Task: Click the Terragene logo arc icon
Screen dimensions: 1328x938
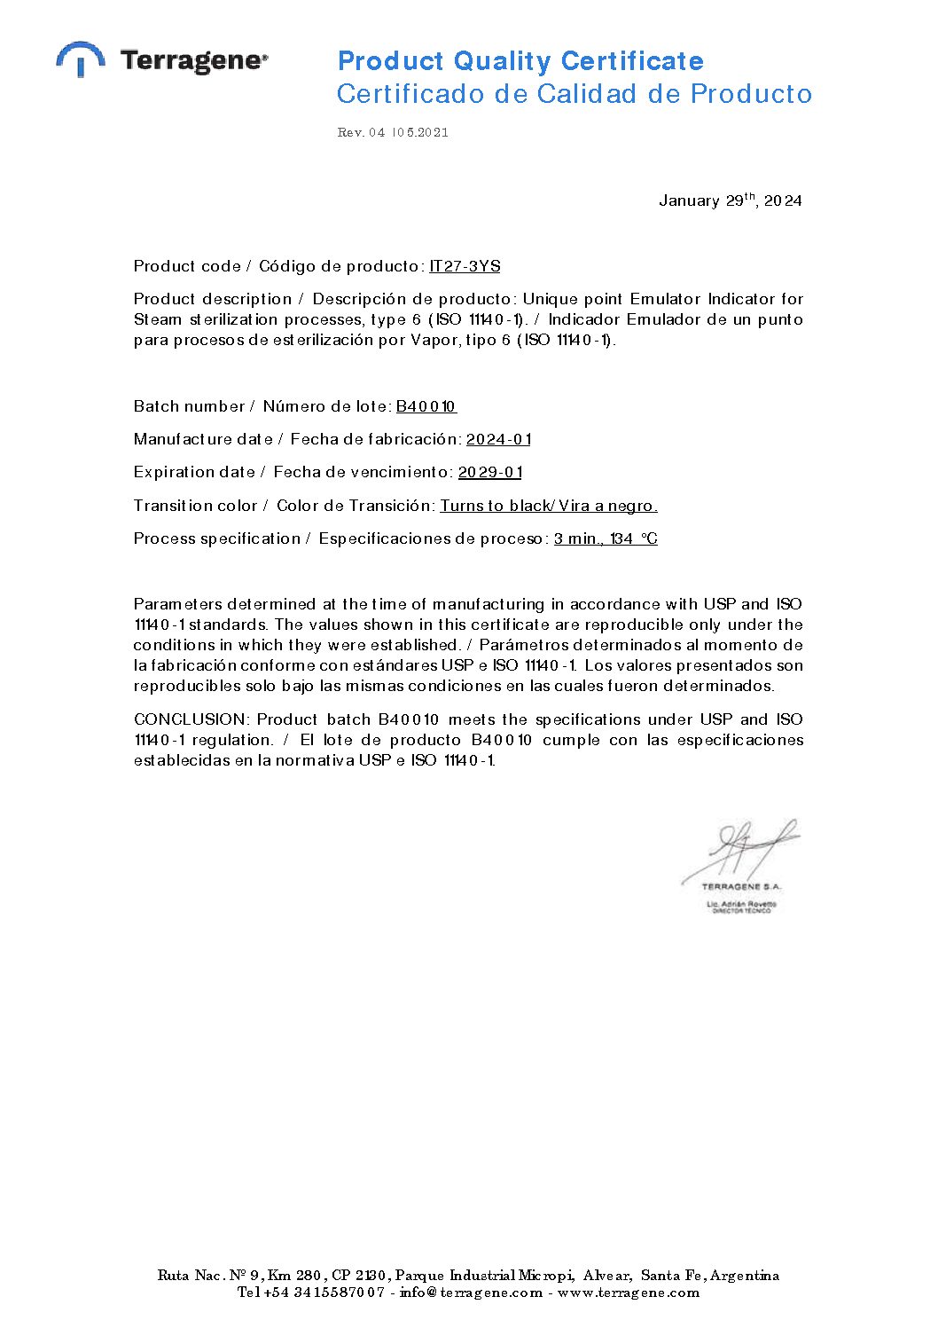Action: [81, 58]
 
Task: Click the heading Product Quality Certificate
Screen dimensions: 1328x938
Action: [520, 61]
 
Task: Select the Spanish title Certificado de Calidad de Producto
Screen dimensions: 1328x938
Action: [575, 94]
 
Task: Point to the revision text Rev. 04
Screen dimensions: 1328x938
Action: [361, 133]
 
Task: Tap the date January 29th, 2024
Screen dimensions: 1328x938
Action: [730, 200]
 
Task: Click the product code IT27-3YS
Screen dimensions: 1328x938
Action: [465, 266]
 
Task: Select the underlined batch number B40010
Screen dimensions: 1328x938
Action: [426, 406]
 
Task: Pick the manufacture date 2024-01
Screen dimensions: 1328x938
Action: [498, 439]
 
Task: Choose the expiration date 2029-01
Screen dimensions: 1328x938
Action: [490, 472]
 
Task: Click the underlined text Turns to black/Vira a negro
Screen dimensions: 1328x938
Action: [549, 506]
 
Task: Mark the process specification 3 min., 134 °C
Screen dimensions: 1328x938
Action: [606, 538]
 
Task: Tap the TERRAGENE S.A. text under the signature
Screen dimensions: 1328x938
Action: [741, 886]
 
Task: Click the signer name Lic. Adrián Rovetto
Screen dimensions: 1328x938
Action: [741, 904]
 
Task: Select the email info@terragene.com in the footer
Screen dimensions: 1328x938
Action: [471, 1293]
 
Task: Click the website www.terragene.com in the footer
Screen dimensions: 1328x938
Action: [629, 1293]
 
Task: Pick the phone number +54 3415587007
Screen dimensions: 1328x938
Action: [324, 1293]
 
